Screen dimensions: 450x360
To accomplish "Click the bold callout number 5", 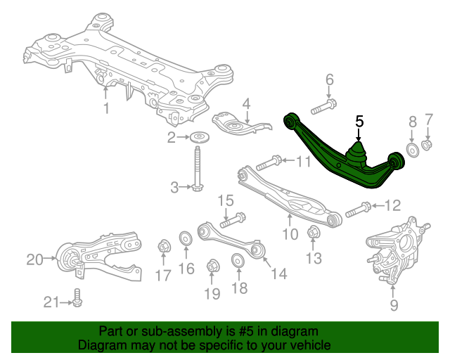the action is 359,122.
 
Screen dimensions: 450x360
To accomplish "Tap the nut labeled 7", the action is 427,144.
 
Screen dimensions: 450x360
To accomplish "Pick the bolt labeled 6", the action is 323,107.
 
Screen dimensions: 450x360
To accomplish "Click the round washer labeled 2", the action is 200,137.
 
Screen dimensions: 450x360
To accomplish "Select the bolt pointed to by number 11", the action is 269,163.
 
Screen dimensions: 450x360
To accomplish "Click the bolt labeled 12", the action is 359,210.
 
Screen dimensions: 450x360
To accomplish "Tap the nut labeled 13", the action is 314,232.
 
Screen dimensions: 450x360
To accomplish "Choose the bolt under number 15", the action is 233,220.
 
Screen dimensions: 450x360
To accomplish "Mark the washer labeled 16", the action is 186,238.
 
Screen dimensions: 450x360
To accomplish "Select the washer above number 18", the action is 238,260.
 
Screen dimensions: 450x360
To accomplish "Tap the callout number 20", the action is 34,259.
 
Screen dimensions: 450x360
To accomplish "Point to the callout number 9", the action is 394,305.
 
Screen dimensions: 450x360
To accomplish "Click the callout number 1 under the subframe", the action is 106,108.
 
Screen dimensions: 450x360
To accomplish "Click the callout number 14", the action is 278,274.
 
